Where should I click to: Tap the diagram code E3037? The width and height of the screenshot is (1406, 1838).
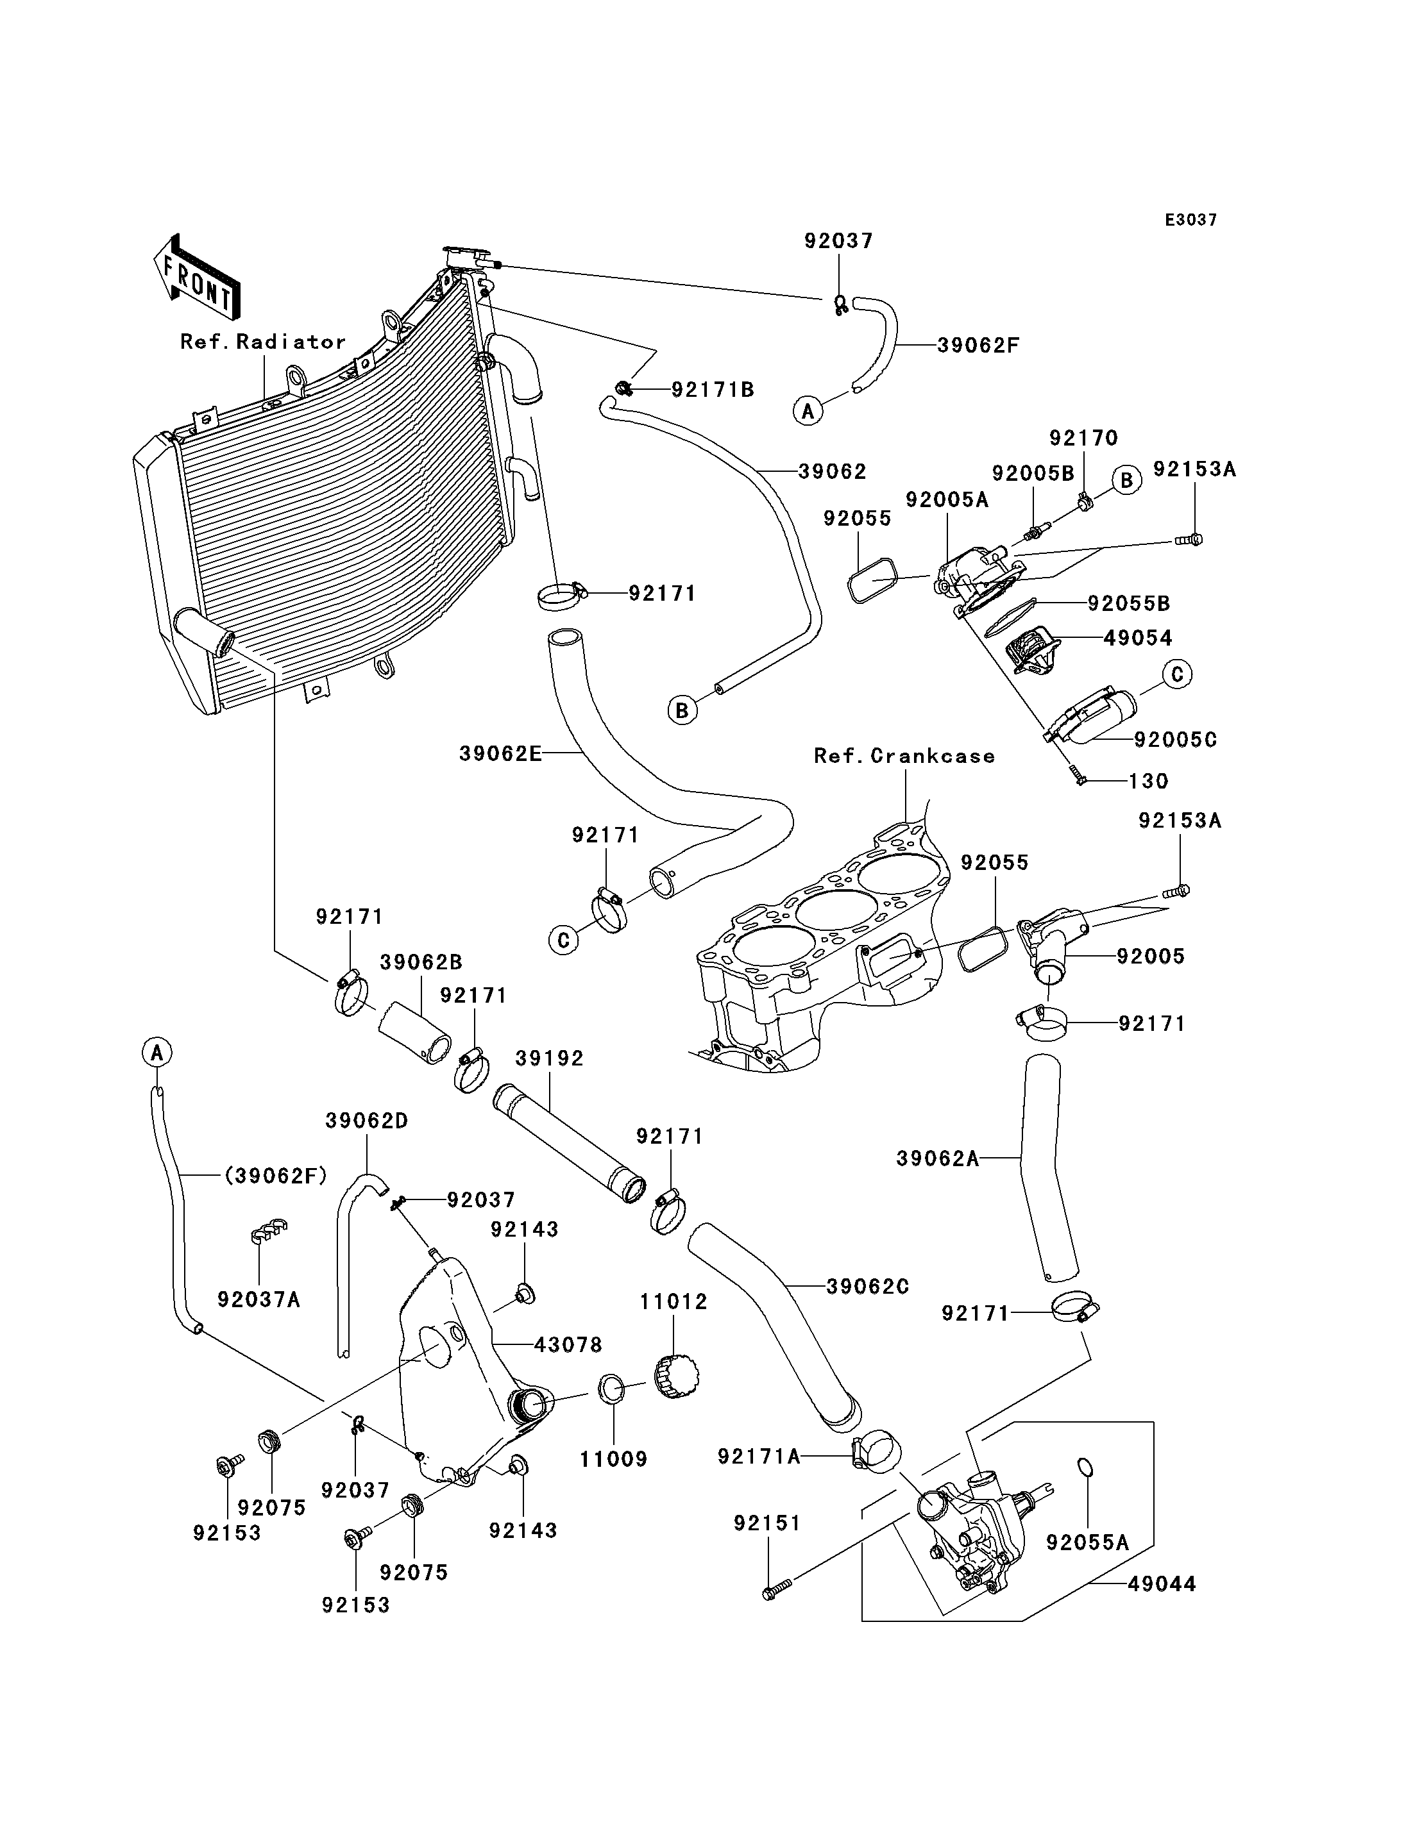(1191, 220)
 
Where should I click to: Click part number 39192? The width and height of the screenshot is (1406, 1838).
(549, 1058)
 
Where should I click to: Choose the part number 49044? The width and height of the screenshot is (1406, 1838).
(1162, 1583)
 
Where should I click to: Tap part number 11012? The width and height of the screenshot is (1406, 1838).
(673, 1302)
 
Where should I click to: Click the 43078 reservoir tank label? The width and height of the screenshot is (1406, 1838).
(568, 1344)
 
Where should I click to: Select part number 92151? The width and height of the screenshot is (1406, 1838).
(767, 1523)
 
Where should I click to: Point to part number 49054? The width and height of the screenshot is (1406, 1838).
(1138, 637)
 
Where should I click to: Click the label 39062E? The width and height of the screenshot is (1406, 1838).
(500, 754)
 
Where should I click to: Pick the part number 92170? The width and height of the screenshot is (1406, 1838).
(1084, 437)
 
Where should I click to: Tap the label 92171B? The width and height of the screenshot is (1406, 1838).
(713, 389)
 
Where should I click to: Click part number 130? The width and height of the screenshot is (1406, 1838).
(1148, 781)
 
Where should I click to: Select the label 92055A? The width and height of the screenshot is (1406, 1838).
(1088, 1542)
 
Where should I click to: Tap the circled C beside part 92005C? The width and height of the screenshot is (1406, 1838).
(1176, 674)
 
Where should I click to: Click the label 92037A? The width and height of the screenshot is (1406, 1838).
(258, 1299)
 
